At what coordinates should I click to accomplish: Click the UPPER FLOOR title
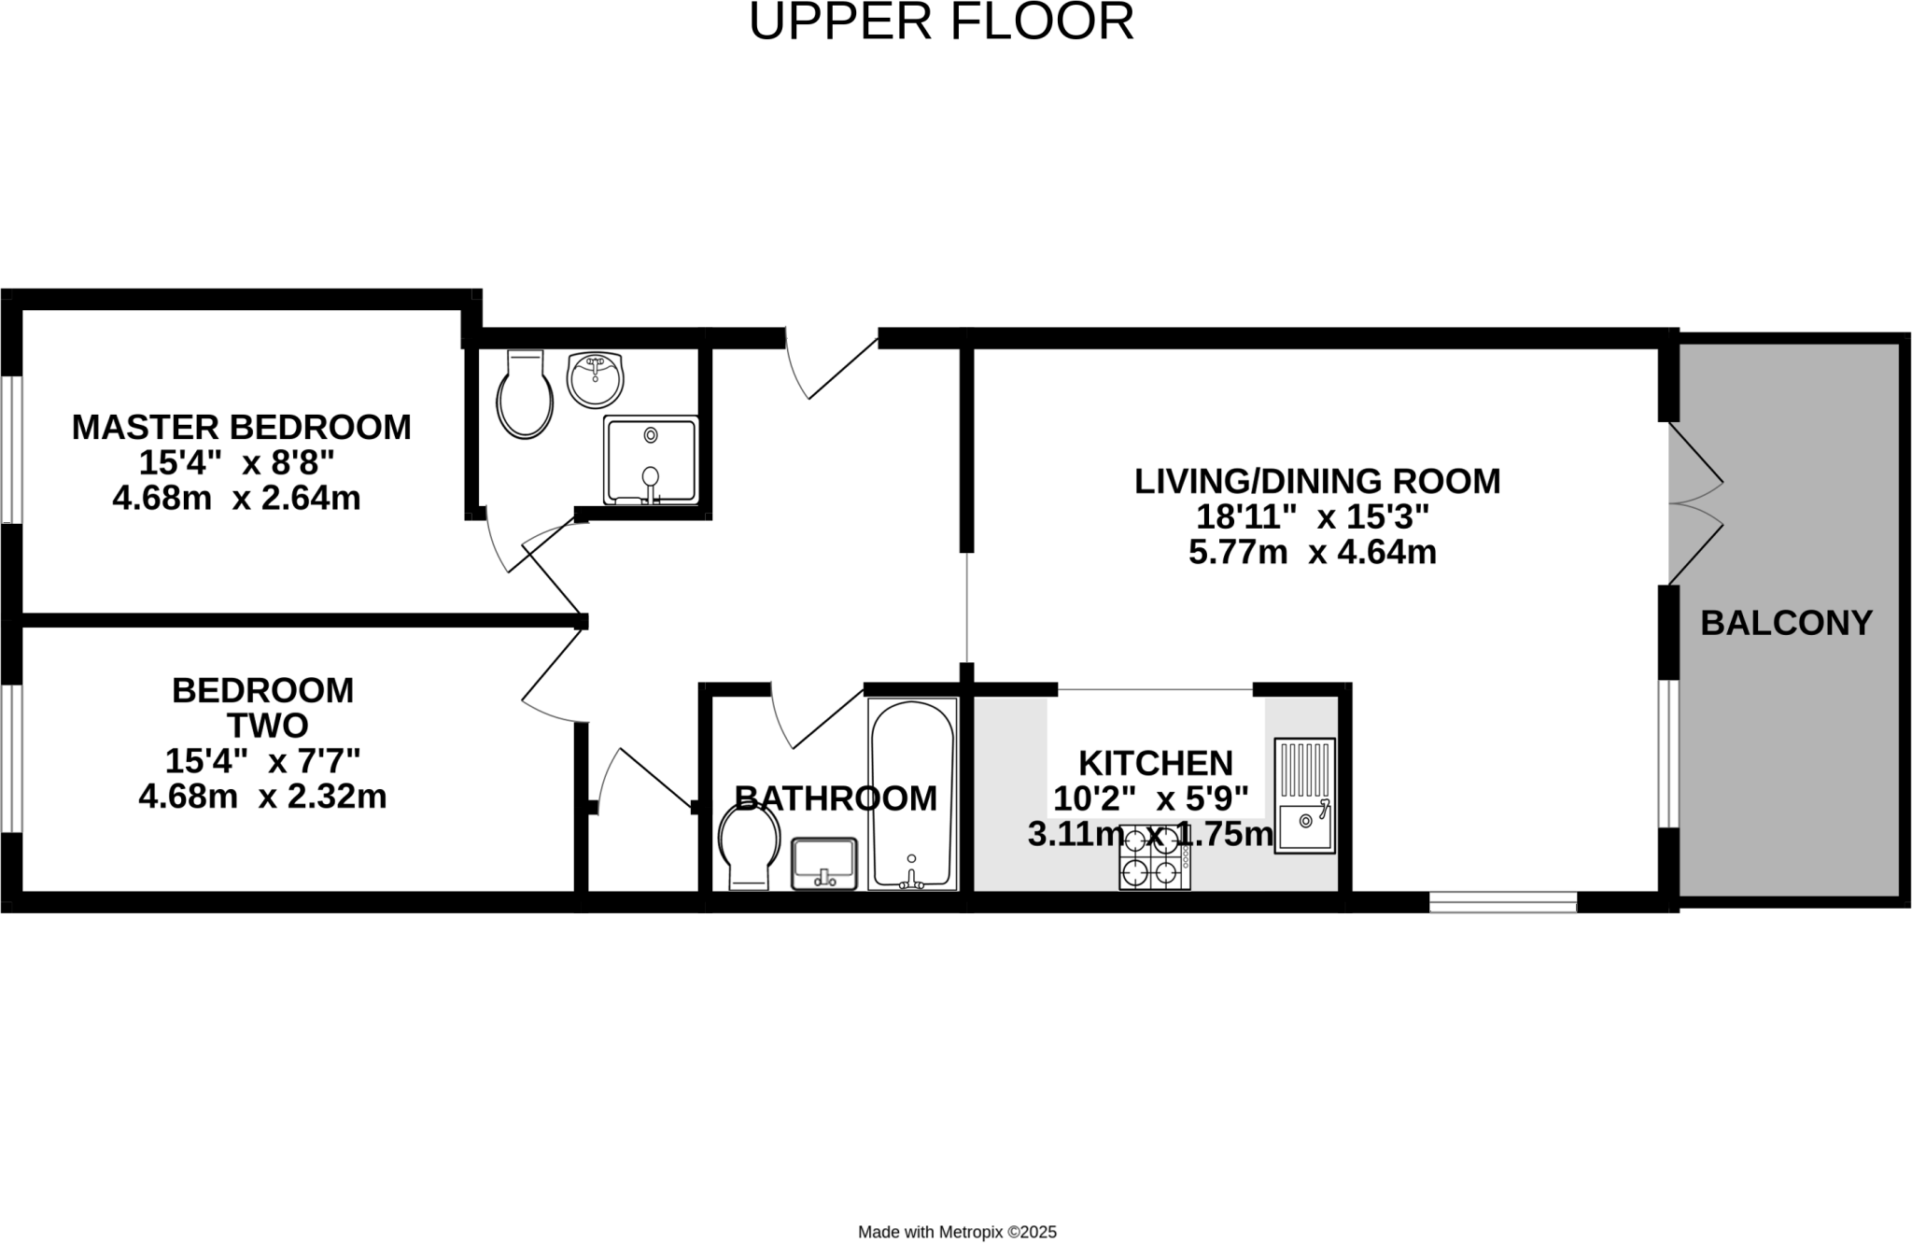[941, 21]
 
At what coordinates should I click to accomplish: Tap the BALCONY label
[1786, 623]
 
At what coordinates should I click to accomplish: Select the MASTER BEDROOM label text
[242, 427]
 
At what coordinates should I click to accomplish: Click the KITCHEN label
[1156, 763]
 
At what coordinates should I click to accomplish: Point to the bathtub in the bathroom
[912, 794]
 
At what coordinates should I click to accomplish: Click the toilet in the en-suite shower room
[525, 394]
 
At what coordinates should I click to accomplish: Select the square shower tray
[651, 460]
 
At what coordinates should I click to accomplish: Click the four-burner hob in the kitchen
[1155, 858]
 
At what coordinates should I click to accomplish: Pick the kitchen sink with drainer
[1305, 796]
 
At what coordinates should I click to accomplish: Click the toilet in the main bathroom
[749, 846]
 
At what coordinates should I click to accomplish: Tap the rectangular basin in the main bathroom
[824, 864]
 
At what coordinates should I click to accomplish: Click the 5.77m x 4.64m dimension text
[1312, 553]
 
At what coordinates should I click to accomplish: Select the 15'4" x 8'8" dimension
[236, 462]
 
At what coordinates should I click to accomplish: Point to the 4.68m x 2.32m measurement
[262, 797]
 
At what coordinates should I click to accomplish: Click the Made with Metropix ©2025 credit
[957, 1232]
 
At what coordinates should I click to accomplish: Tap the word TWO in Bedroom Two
[268, 726]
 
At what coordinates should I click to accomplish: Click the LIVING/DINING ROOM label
[1317, 481]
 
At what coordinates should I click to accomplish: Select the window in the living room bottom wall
[1503, 902]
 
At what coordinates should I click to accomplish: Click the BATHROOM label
[836, 798]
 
